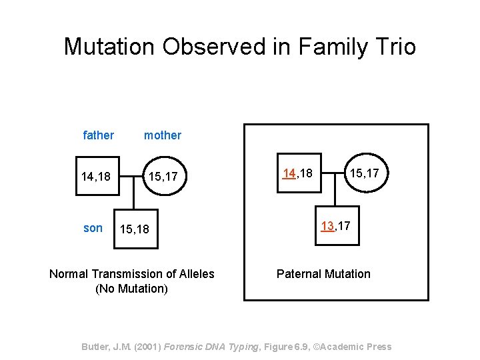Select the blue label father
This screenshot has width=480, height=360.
tap(98, 135)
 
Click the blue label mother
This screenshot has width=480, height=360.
tap(163, 135)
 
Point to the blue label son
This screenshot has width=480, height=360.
tap(93, 228)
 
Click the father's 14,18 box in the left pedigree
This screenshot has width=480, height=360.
tap(98, 176)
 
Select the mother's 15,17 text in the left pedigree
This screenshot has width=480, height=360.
tap(163, 176)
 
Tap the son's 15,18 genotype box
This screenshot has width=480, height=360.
tap(135, 229)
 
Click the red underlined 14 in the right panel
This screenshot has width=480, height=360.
tap(289, 173)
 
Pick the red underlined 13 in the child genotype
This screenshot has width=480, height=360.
tap(327, 226)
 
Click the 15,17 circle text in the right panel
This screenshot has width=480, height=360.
tap(364, 173)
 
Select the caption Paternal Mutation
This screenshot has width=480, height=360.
tap(323, 274)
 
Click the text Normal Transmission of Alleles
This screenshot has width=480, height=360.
tap(132, 274)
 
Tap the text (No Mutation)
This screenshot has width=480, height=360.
tap(132, 289)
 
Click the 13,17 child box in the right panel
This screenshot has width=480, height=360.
tap(336, 226)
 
